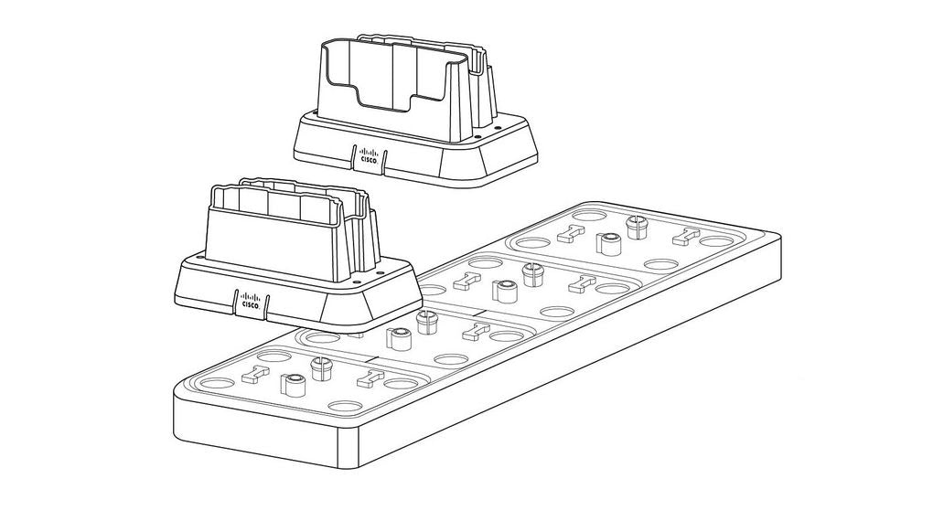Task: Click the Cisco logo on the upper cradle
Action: (368, 155)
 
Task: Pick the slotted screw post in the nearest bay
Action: (320, 367)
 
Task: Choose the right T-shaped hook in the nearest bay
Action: (368, 378)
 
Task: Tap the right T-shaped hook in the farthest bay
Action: (681, 238)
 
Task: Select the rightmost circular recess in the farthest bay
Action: (717, 243)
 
